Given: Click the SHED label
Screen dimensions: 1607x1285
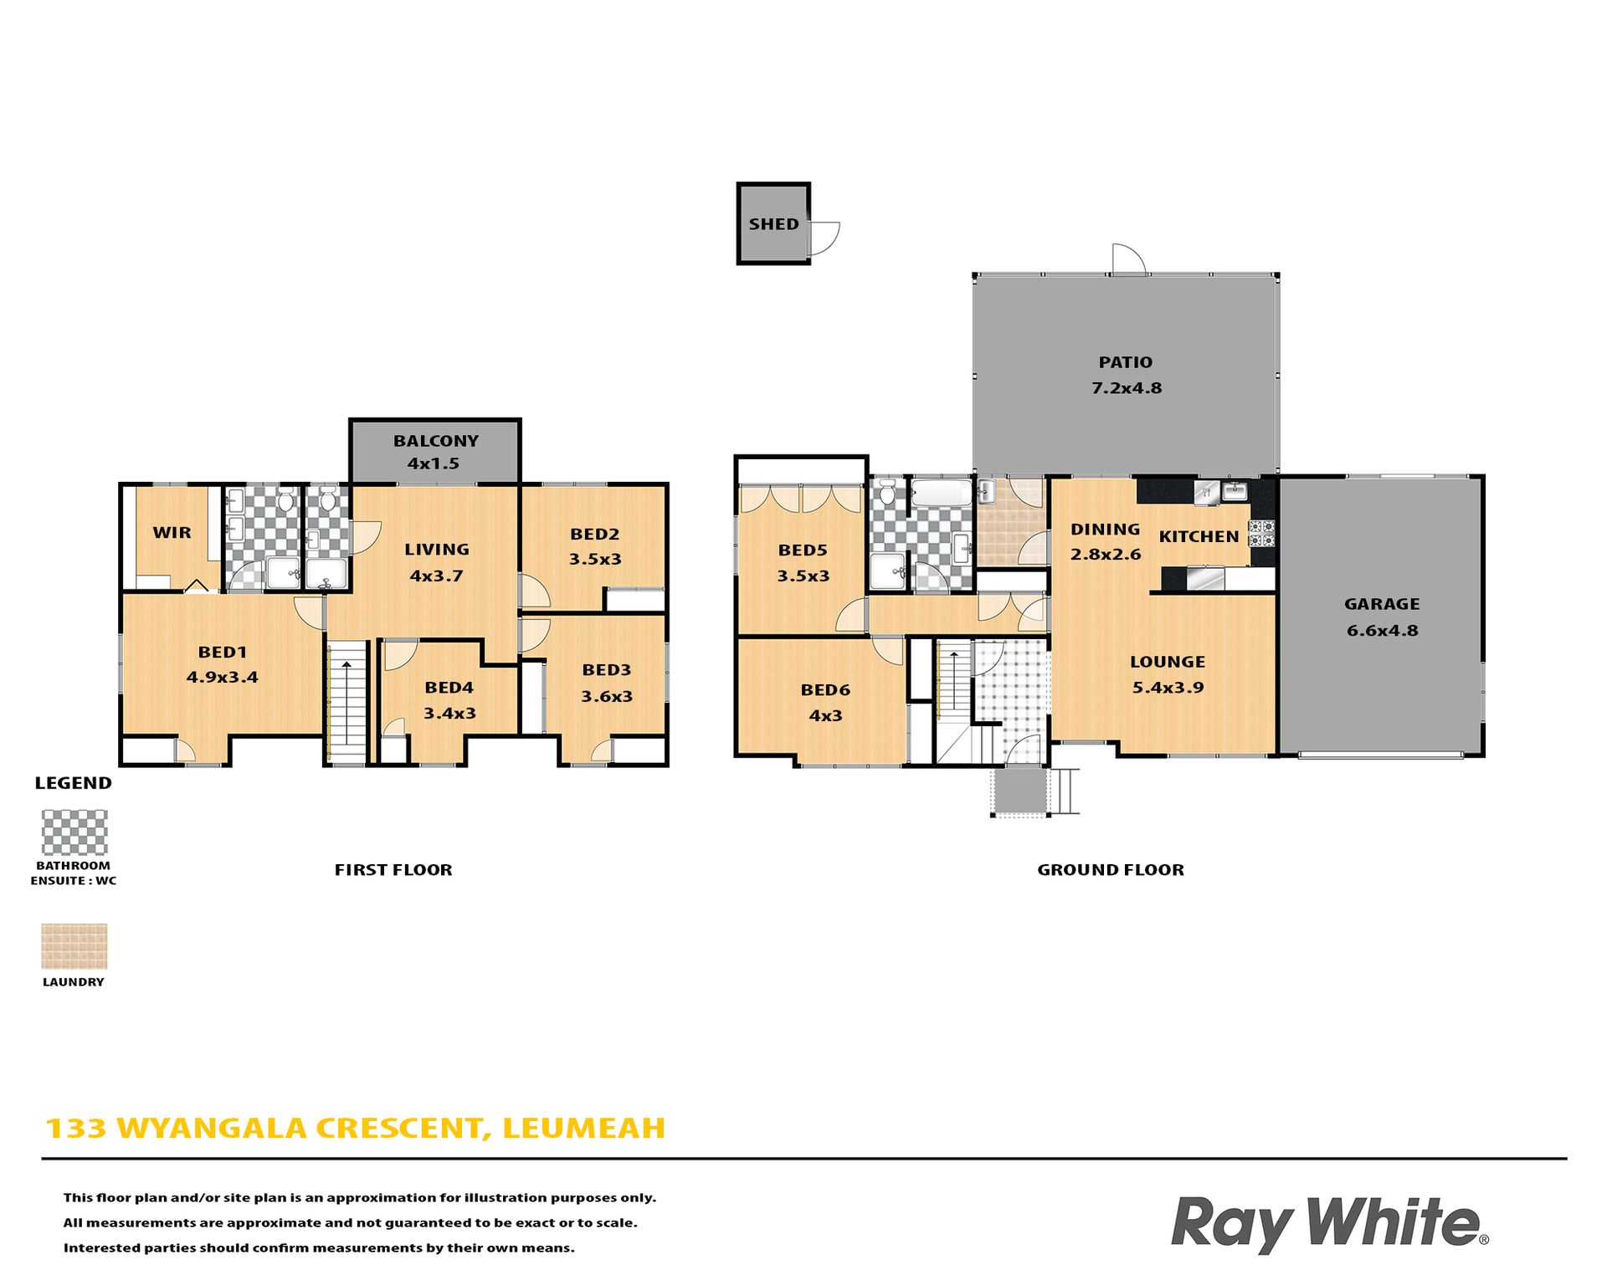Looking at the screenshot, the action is click(773, 223).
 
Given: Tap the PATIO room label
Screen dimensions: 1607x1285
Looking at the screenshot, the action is click(1125, 362).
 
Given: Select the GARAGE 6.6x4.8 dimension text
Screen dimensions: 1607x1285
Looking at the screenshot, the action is click(1382, 631).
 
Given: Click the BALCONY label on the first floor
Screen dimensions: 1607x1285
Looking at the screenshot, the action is click(435, 441).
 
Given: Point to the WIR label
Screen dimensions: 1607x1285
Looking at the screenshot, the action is click(172, 532).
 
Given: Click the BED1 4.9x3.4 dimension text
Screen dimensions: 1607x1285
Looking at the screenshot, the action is click(222, 678).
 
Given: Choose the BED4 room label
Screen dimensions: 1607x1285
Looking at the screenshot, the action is click(449, 688).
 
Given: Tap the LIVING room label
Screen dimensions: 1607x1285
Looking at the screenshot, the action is click(436, 550).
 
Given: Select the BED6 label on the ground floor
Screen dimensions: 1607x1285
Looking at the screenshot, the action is click(825, 690).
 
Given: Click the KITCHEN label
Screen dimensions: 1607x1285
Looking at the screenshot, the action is click(1199, 536).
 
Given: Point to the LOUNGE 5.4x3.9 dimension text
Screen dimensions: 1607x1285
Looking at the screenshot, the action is click(1168, 688).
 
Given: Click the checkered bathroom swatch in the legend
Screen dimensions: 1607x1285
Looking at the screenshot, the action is click(74, 832).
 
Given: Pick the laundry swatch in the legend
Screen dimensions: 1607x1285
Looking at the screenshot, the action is click(74, 946).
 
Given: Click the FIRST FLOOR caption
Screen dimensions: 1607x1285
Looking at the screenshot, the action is click(393, 870).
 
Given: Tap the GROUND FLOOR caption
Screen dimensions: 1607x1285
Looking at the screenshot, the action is click(1111, 870).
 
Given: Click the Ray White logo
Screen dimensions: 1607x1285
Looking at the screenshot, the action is click(1329, 1224).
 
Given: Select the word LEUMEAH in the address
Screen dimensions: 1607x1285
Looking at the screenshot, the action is click(583, 1129).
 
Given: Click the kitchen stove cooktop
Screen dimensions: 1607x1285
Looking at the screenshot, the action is click(1261, 534).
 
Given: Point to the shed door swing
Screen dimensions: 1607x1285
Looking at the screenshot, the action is click(824, 238).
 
